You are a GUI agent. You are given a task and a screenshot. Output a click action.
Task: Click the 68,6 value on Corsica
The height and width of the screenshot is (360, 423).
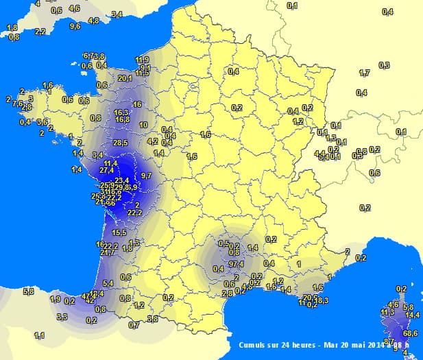pyautogui.click(x=411, y=333)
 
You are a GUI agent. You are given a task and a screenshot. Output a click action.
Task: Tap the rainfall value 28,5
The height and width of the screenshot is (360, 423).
pyautogui.click(x=121, y=143)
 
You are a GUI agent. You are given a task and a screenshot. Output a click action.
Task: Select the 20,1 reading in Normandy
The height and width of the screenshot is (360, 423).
pyautogui.click(x=125, y=78)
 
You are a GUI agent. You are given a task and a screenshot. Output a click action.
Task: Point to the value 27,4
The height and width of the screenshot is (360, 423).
pyautogui.click(x=106, y=169)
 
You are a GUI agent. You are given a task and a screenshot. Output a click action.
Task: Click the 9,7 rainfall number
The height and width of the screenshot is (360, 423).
pyautogui.click(x=146, y=176)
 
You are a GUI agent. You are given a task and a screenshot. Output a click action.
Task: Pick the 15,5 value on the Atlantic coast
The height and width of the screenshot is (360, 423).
pyautogui.click(x=119, y=233)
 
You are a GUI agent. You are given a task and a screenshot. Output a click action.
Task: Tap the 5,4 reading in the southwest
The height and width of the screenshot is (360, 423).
pyautogui.click(x=108, y=283)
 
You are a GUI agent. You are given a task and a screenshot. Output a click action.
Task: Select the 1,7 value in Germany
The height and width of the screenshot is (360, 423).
pyautogui.click(x=364, y=73)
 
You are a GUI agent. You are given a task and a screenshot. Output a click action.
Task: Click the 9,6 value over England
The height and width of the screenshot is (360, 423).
pyautogui.click(x=75, y=26)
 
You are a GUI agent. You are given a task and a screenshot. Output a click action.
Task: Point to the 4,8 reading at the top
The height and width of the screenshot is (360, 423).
pyautogui.click(x=94, y=21)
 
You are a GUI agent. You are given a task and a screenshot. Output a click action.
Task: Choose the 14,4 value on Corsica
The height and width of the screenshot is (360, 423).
pyautogui.click(x=412, y=315)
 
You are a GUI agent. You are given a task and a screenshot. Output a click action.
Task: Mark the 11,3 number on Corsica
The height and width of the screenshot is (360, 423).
pyautogui.click(x=387, y=313)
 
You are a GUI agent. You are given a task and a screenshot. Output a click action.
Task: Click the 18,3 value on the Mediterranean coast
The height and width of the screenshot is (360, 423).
pyautogui.click(x=322, y=300)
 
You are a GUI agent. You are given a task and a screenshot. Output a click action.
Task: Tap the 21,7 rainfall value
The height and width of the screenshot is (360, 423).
pyautogui.click(x=108, y=252)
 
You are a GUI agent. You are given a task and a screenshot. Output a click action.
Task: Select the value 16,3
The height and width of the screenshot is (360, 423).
pyautogui.click(x=121, y=112)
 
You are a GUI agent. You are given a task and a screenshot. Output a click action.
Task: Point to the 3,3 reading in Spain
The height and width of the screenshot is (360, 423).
pyautogui.click(x=62, y=317)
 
